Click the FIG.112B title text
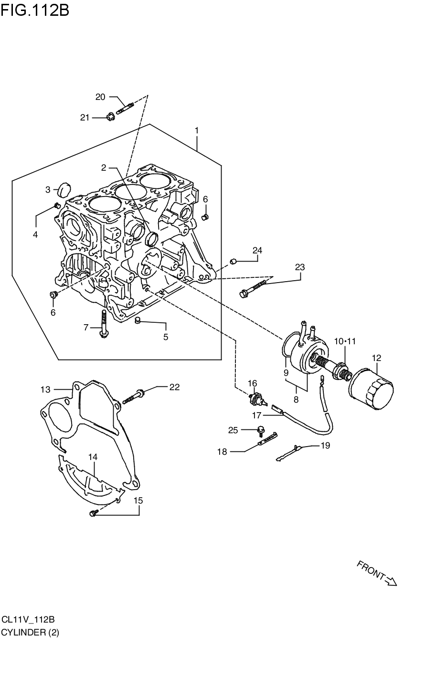[35, 10]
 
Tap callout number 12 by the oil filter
[376, 358]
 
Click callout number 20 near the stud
[100, 97]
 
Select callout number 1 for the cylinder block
[196, 131]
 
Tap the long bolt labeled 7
[103, 323]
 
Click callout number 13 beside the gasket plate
[45, 390]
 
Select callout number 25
[233, 430]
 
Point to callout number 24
[257, 251]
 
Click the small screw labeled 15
[94, 513]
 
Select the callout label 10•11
[345, 341]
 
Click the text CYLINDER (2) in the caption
[30, 633]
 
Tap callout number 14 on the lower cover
[93, 457]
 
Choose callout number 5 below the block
[166, 337]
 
